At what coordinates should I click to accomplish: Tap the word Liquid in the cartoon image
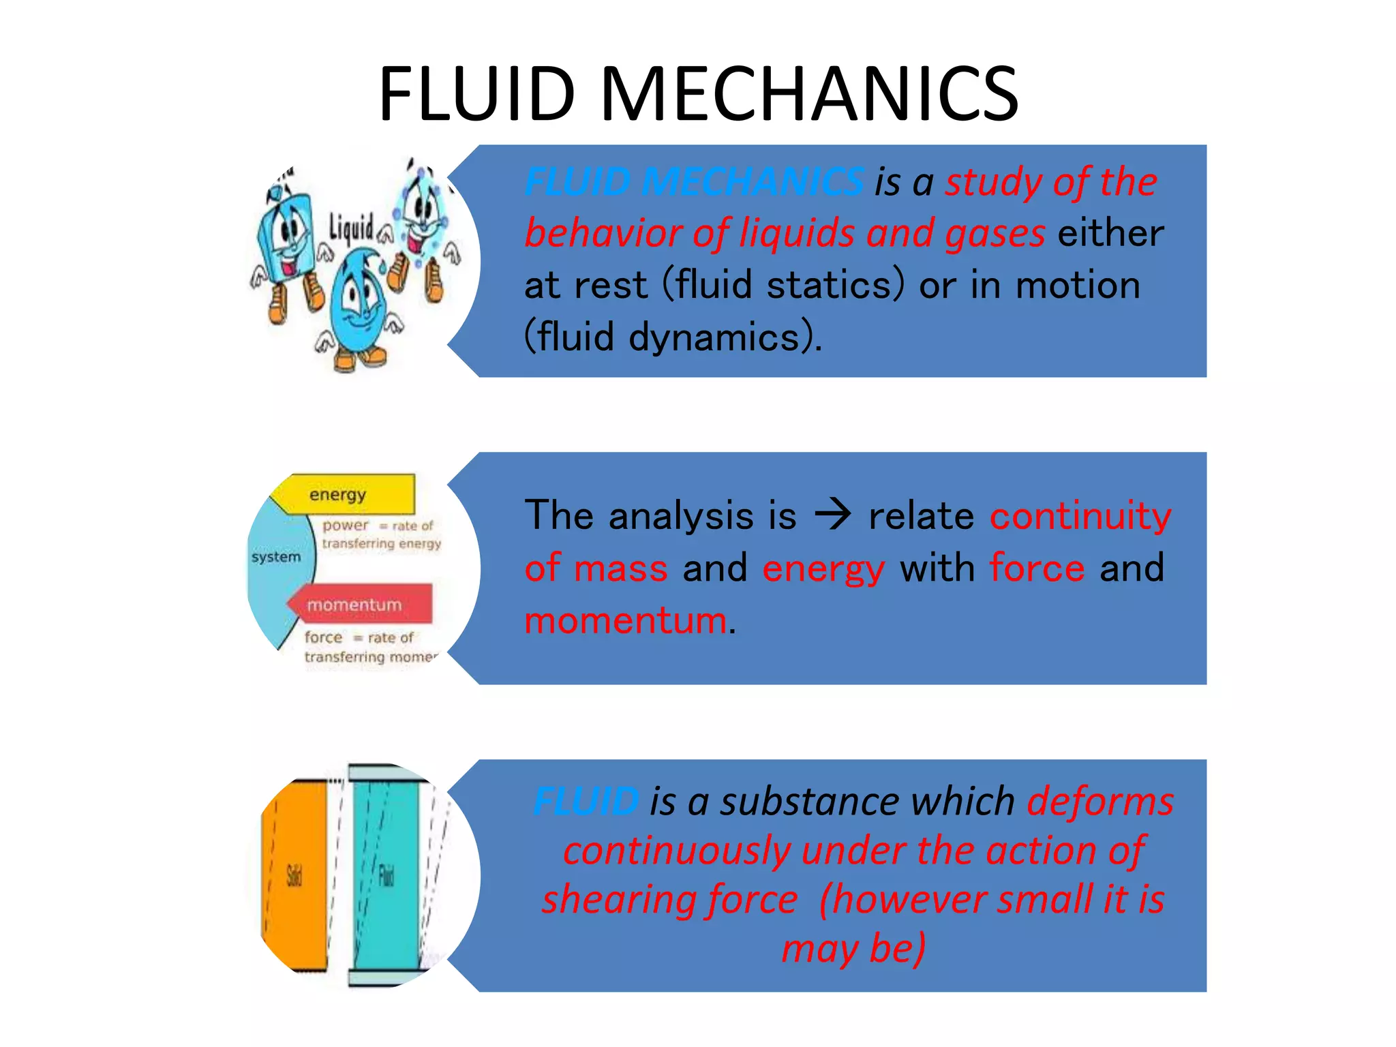tap(351, 228)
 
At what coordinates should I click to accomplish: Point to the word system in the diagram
tap(275, 557)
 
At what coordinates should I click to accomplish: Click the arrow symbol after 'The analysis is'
tap(833, 515)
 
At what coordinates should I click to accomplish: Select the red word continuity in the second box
tap(1080, 515)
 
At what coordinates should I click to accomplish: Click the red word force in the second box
tap(1037, 568)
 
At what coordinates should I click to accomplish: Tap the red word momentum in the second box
tap(625, 620)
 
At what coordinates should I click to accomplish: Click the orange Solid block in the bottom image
tap(294, 875)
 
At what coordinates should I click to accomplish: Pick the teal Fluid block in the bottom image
tap(386, 875)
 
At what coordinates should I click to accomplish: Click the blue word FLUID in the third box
tap(586, 801)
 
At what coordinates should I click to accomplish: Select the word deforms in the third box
tap(1100, 801)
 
